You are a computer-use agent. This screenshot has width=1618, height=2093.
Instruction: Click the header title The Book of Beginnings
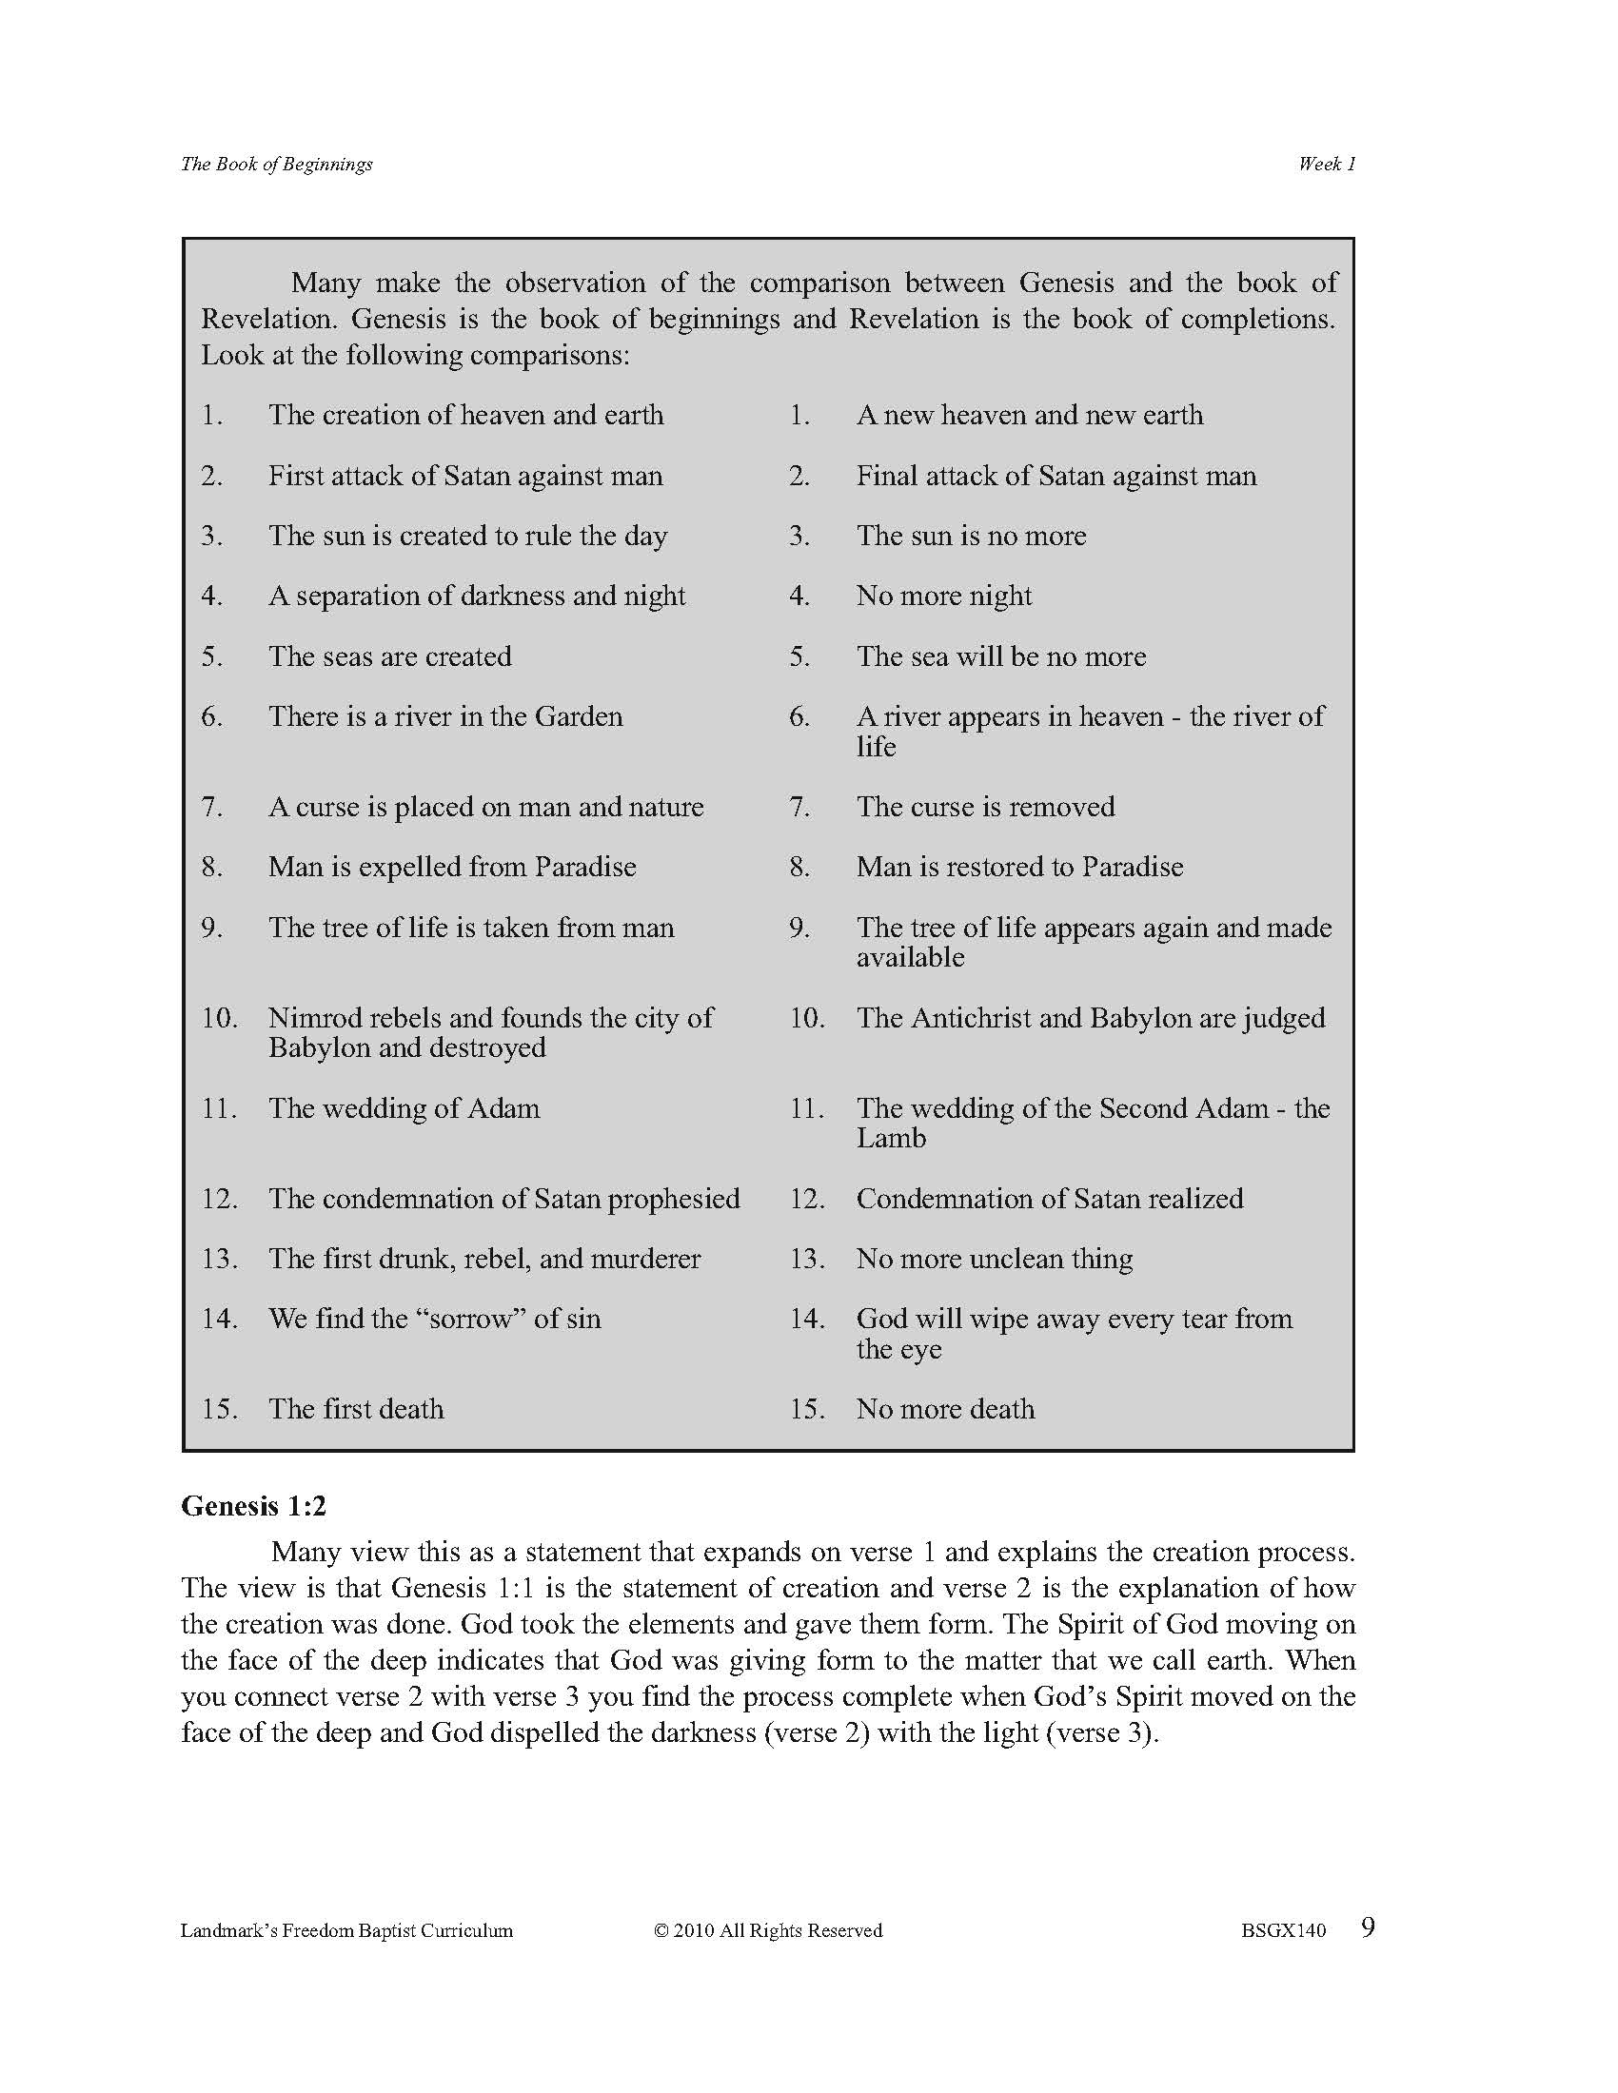pyautogui.click(x=276, y=164)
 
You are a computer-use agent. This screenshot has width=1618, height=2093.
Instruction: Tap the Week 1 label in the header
pyautogui.click(x=1327, y=164)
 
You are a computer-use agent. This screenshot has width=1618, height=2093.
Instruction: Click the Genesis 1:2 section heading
pyautogui.click(x=254, y=1507)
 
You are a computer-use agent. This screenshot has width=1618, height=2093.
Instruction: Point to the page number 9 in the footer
pyautogui.click(x=1368, y=1927)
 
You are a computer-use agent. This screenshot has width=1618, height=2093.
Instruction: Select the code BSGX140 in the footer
pyautogui.click(x=1284, y=1930)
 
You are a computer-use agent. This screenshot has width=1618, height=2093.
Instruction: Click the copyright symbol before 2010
pyautogui.click(x=661, y=1930)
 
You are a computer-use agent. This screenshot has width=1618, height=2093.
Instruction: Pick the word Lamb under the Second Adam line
pyautogui.click(x=892, y=1139)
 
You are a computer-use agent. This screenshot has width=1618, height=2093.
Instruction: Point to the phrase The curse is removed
pyautogui.click(x=985, y=807)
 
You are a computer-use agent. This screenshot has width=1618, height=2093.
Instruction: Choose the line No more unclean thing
pyautogui.click(x=994, y=1259)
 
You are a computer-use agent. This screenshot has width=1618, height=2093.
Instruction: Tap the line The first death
pyautogui.click(x=356, y=1409)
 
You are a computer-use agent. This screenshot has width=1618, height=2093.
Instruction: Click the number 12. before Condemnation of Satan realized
pyautogui.click(x=807, y=1199)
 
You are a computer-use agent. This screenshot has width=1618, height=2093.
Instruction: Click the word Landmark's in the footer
pyautogui.click(x=227, y=1930)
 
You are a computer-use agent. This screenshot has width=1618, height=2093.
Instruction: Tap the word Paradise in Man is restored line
pyautogui.click(x=1132, y=868)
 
